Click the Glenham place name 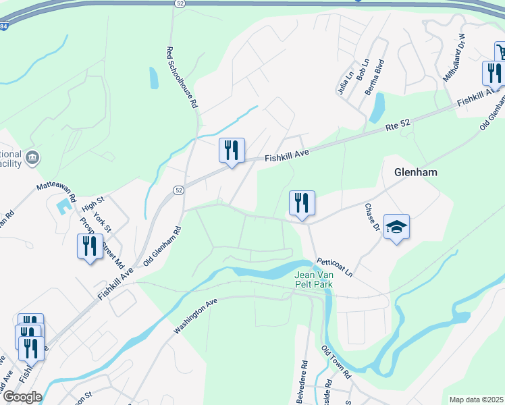415,172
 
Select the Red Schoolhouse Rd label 181,78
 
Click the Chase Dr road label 373,217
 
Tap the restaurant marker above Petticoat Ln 302,204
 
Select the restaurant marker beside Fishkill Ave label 232,151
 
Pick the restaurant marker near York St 90,246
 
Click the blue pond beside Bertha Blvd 377,107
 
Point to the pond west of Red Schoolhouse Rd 154,78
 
